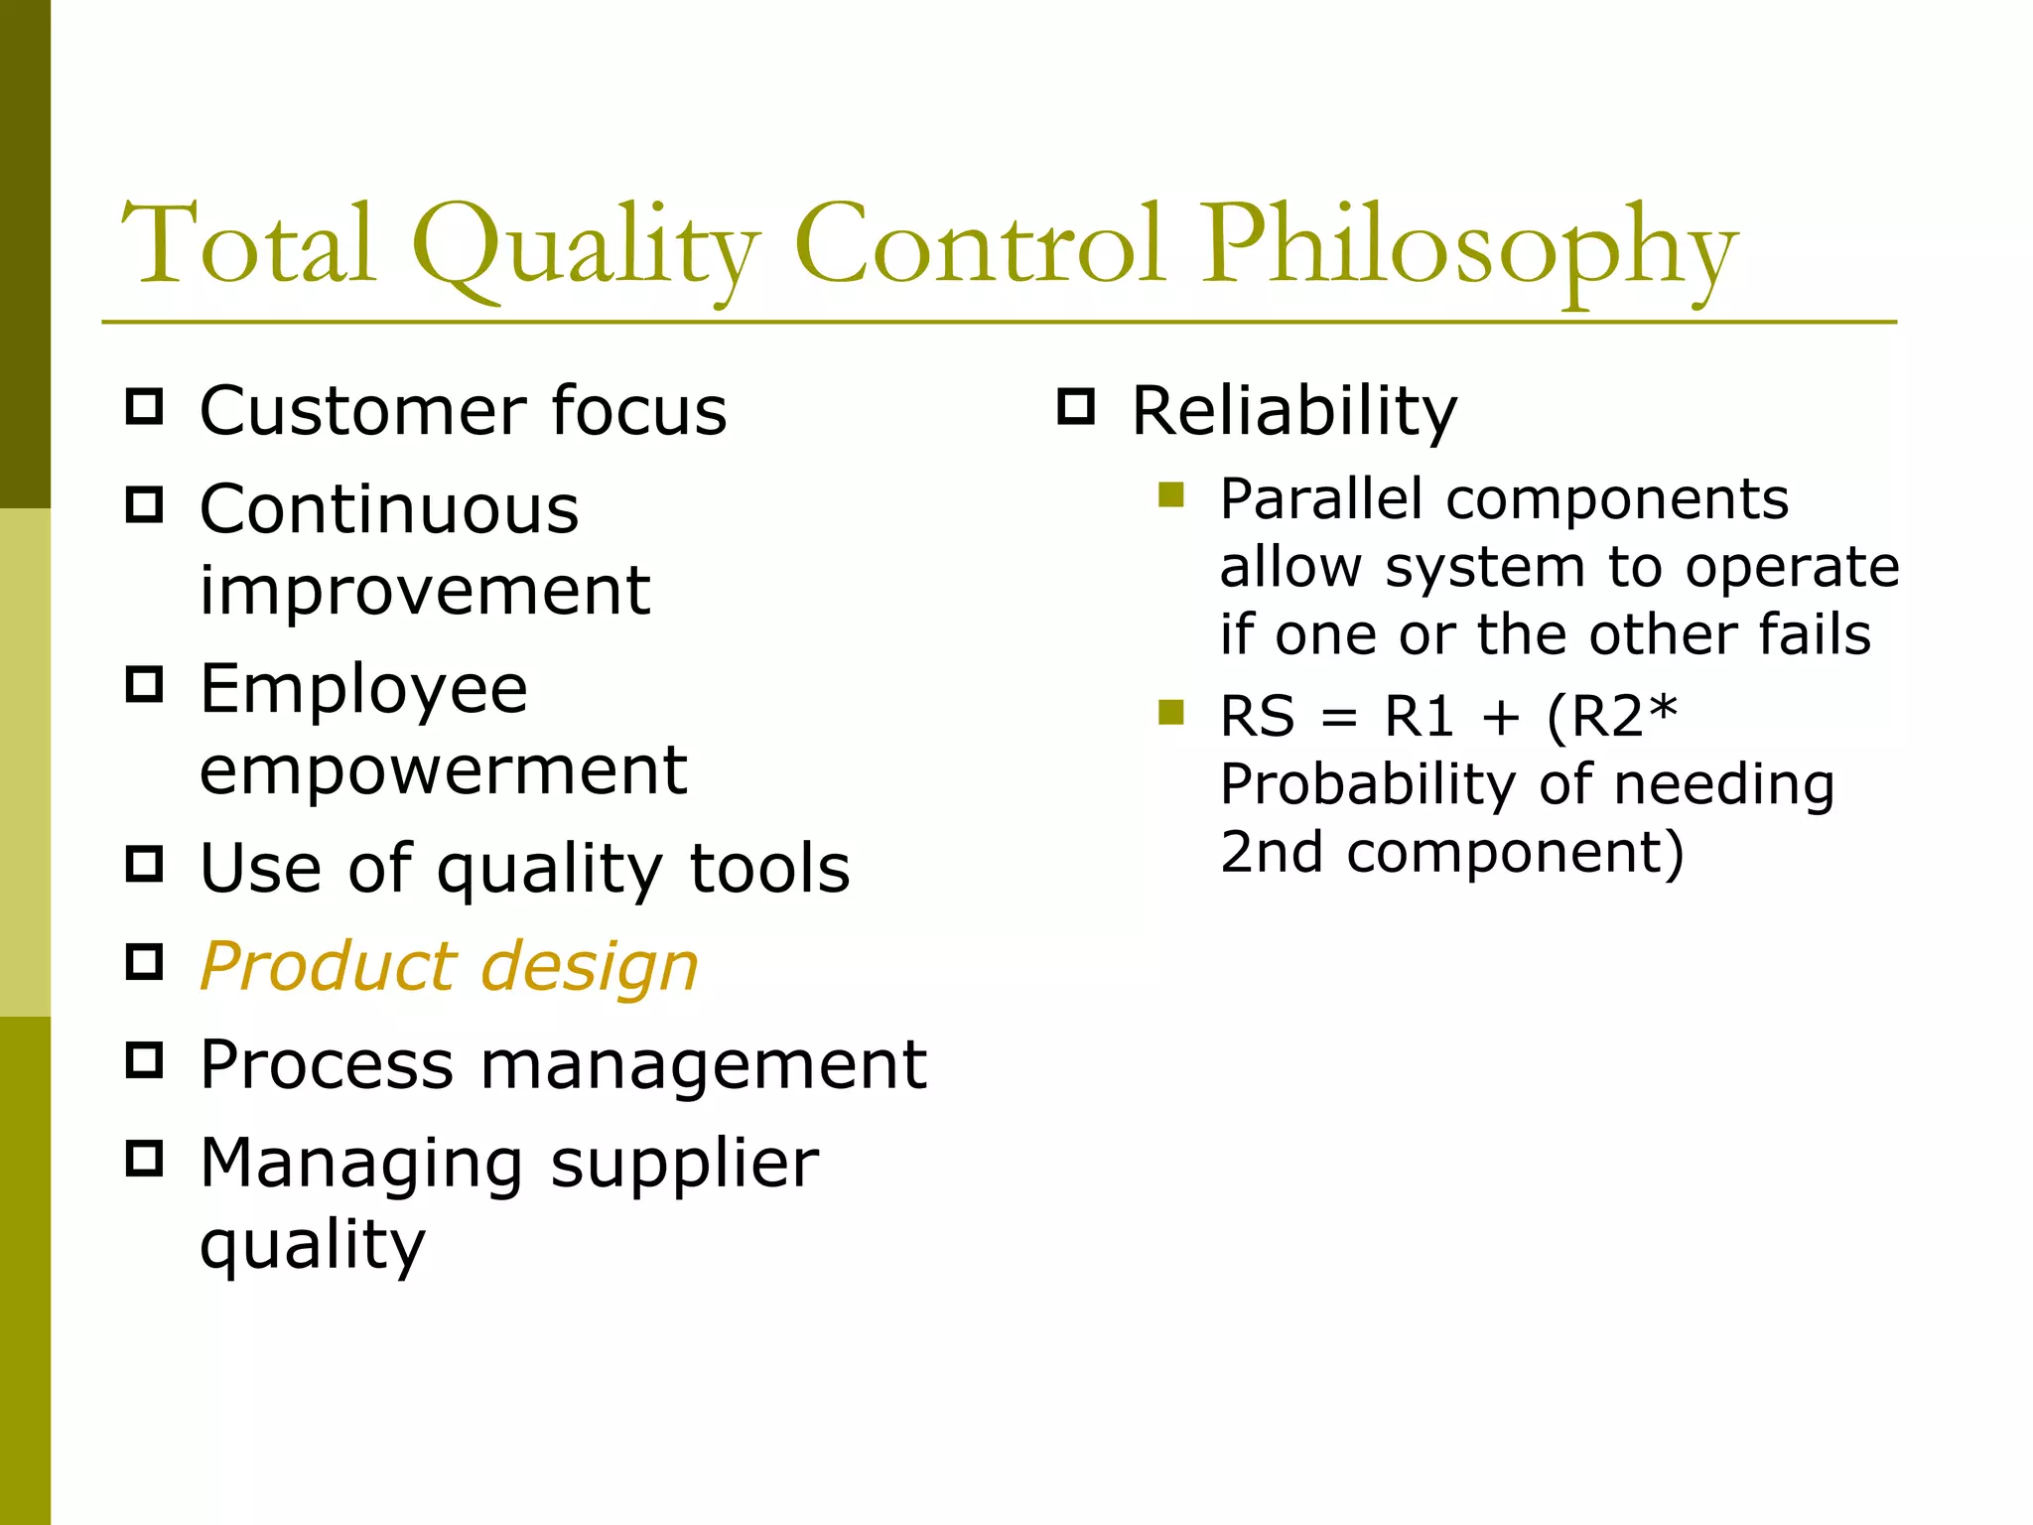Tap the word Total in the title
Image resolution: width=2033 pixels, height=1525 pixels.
(248, 243)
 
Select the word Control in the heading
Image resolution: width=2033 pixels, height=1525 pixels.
(978, 243)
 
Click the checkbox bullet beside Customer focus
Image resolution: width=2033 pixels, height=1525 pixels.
(145, 407)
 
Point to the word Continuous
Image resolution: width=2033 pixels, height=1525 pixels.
(389, 509)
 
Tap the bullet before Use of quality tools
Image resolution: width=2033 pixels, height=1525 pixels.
(145, 864)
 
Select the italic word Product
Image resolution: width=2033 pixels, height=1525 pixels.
(329, 966)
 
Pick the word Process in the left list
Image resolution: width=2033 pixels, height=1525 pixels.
(327, 1064)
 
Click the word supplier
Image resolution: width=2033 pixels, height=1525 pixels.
(684, 1164)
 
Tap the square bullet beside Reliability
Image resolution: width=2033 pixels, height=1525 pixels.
(1076, 407)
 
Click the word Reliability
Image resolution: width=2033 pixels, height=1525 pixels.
(1294, 411)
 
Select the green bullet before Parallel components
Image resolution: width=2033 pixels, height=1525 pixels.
(1171, 494)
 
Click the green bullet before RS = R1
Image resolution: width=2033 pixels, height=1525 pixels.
(1171, 712)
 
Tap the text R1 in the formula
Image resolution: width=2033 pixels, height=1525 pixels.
(1419, 716)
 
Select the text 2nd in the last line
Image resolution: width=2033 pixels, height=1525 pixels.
(1272, 852)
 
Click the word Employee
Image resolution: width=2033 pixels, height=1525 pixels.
(363, 690)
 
